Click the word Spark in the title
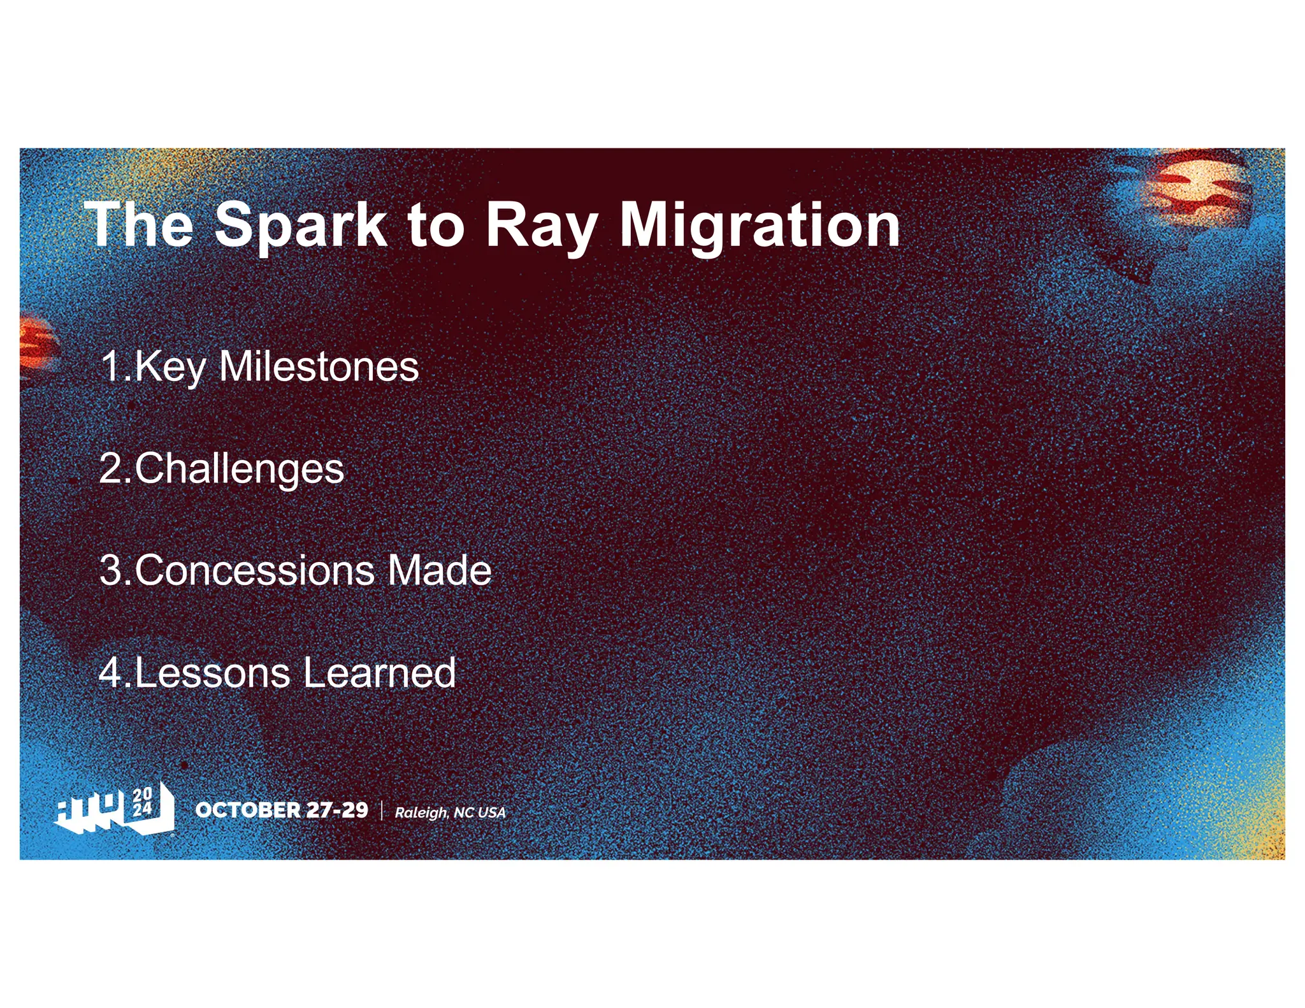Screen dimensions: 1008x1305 [301, 226]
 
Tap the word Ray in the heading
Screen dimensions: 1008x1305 [541, 226]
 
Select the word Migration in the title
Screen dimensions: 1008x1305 [760, 226]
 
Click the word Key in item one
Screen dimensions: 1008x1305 [170, 368]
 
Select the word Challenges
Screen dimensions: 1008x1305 [239, 470]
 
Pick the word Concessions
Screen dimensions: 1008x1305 [254, 570]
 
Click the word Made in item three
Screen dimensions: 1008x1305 [439, 570]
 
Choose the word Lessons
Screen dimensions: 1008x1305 [212, 673]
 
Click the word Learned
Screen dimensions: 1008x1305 [379, 673]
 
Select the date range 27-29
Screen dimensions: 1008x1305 [337, 810]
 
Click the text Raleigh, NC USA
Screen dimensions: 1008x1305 [450, 812]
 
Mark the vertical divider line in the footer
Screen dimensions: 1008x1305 [382, 810]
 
